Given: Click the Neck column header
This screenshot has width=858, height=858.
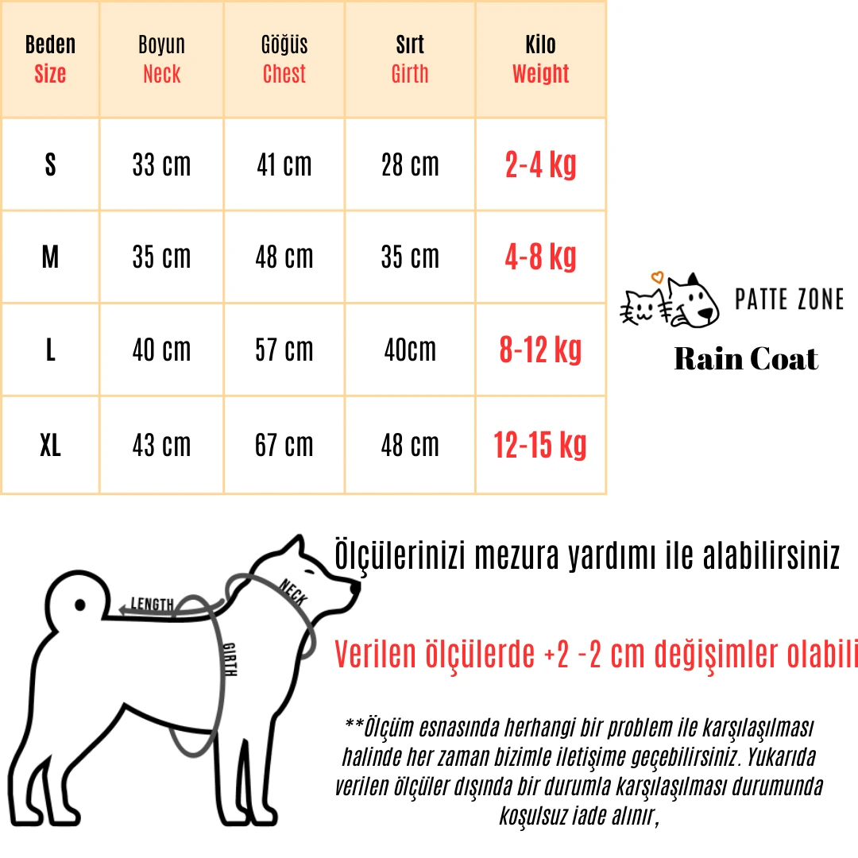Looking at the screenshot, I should [161, 60].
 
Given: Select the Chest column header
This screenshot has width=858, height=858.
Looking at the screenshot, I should [284, 60].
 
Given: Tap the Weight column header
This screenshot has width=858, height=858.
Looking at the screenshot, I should [540, 60].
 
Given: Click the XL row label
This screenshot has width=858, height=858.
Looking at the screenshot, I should [50, 446].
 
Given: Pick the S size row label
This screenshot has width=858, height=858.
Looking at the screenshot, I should [50, 165].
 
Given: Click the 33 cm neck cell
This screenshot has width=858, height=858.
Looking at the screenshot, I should [161, 165].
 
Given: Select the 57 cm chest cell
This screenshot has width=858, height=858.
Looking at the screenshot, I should [284, 350].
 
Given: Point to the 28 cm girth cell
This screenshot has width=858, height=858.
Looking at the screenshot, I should [409, 165].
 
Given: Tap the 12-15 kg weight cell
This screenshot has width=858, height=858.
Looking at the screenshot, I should [540, 446].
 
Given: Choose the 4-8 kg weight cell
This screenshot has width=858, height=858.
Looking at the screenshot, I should [540, 257].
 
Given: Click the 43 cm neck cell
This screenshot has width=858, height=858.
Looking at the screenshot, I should [161, 446].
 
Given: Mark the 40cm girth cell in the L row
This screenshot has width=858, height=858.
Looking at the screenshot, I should [409, 350].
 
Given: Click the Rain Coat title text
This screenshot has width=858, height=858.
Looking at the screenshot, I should [745, 359].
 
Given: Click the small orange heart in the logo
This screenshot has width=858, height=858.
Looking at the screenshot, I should [656, 278].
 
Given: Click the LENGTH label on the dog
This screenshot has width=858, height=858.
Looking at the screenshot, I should [152, 605].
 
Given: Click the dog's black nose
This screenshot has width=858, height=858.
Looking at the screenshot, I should [355, 587].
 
